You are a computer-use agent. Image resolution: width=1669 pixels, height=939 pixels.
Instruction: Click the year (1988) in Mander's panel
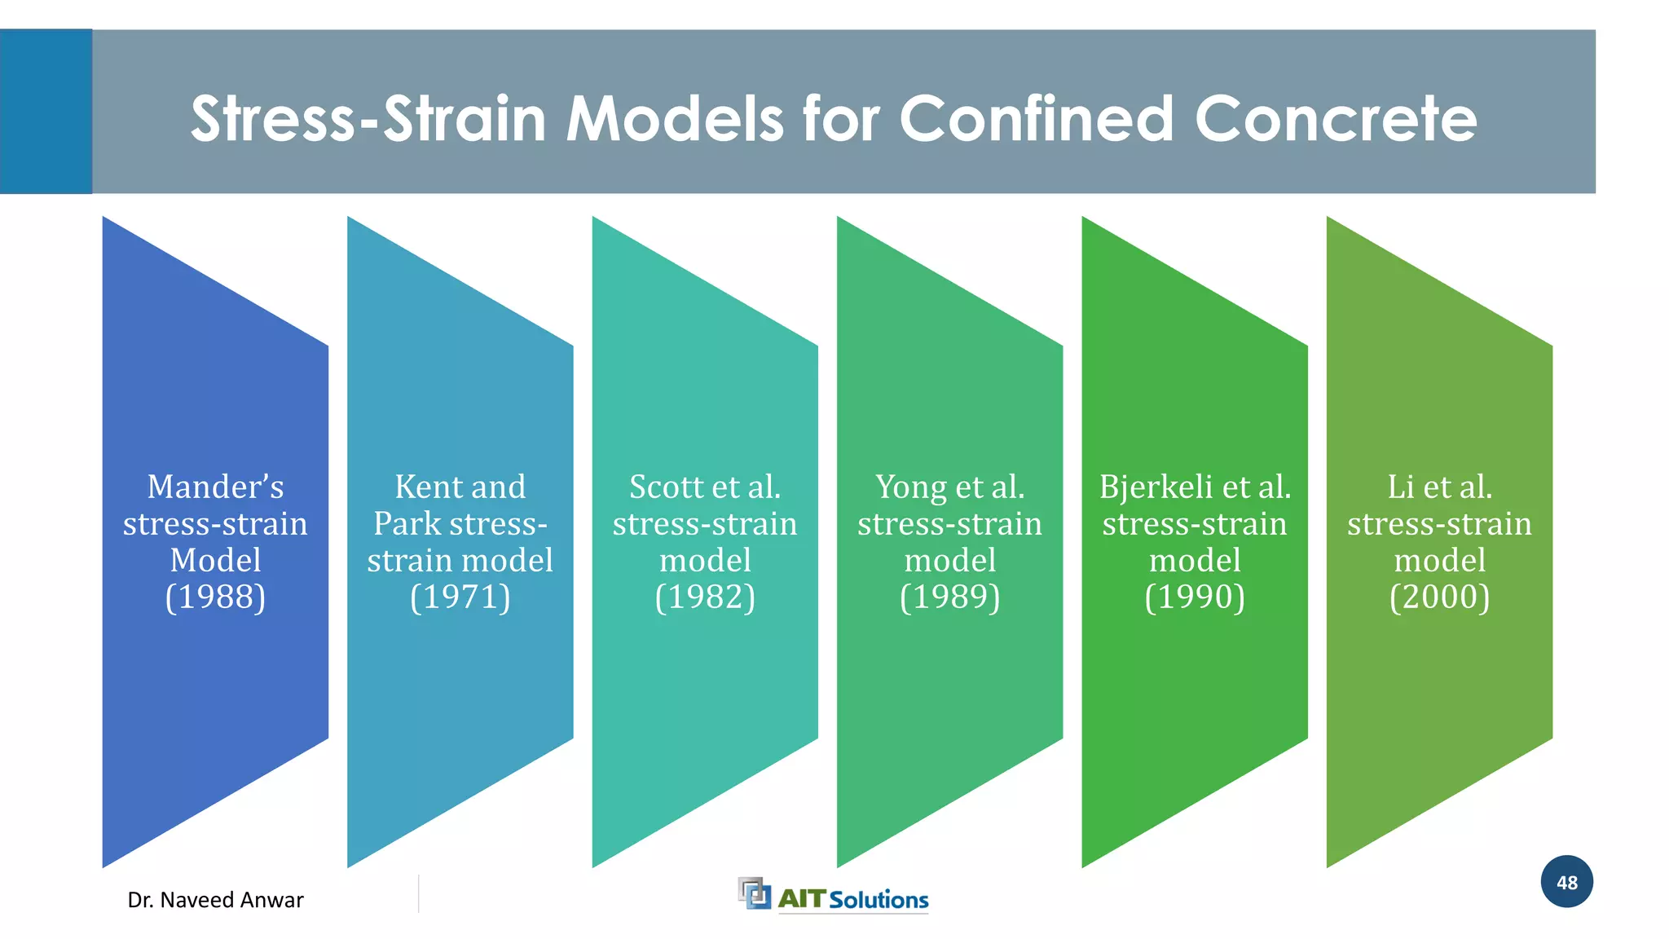[x=215, y=597]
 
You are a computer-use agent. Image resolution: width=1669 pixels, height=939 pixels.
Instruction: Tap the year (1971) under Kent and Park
[x=460, y=597]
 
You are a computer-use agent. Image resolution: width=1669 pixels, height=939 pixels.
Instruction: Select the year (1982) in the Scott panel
[x=705, y=597]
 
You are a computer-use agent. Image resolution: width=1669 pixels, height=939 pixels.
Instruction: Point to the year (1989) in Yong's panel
[x=949, y=597]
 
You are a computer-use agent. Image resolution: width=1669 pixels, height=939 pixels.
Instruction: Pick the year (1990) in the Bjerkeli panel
[x=1195, y=597]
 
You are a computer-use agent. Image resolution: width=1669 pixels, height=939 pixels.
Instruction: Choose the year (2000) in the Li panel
[x=1439, y=597]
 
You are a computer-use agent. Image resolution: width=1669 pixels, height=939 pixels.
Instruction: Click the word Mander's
[x=215, y=487]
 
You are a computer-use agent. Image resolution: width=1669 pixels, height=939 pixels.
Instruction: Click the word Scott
[x=666, y=487]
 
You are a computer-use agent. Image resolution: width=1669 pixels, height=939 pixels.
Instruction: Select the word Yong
[x=910, y=487]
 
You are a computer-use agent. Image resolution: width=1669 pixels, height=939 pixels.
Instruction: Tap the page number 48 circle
[x=1566, y=882]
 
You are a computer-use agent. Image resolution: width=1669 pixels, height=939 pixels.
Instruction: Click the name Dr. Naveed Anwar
[x=215, y=900]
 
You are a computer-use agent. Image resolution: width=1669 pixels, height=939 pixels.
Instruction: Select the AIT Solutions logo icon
[x=754, y=893]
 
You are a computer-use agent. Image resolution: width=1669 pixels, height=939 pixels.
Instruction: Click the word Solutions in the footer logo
[x=879, y=900]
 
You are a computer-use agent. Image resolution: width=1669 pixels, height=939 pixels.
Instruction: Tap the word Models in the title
[x=674, y=118]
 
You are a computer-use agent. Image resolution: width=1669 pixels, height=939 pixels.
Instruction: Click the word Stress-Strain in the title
[x=368, y=118]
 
